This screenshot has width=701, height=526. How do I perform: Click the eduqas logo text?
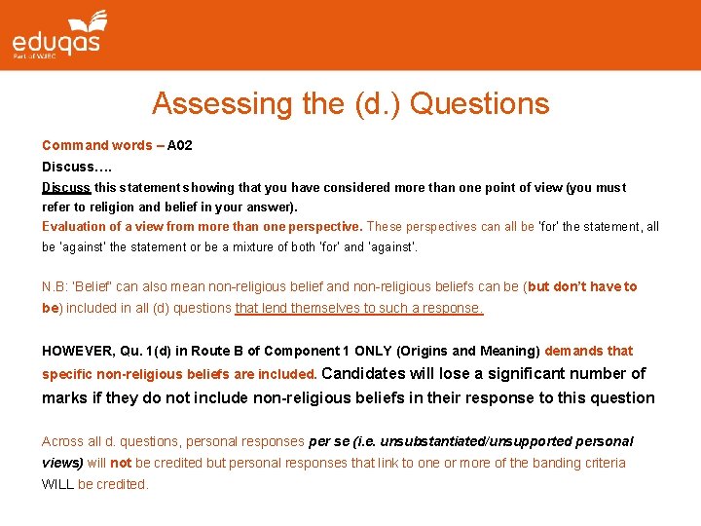pyautogui.click(x=55, y=42)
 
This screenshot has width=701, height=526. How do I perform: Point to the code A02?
pyautogui.click(x=180, y=146)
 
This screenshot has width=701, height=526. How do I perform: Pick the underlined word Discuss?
pyautogui.click(x=66, y=187)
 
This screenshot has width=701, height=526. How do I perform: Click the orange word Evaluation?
pyautogui.click(x=75, y=227)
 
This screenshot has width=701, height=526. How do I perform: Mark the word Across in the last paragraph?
pyautogui.click(x=63, y=441)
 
